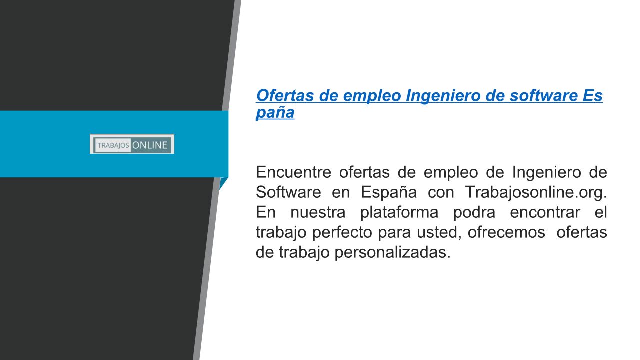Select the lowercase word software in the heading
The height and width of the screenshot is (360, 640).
pyautogui.click(x=543, y=95)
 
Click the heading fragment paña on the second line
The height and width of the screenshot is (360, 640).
pyautogui.click(x=275, y=113)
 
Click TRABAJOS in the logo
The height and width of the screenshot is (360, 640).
pyautogui.click(x=113, y=145)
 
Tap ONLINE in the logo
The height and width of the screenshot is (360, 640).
pyautogui.click(x=150, y=145)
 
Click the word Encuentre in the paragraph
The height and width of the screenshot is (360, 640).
pyautogui.click(x=293, y=172)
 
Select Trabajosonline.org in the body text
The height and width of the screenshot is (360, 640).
pyautogui.click(x=536, y=193)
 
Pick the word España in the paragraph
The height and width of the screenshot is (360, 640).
pyautogui.click(x=389, y=193)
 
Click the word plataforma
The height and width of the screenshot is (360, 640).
pyautogui.click(x=399, y=213)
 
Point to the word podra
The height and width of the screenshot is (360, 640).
pyautogui.click(x=474, y=213)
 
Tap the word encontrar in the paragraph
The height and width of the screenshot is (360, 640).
pyautogui.click(x=545, y=212)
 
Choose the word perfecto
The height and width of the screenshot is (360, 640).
pyautogui.click(x=342, y=233)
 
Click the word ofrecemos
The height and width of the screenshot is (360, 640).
pyautogui.click(x=506, y=232)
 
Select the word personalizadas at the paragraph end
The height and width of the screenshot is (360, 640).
pyautogui.click(x=392, y=253)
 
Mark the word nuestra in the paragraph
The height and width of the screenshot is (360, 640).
pyautogui.click(x=318, y=213)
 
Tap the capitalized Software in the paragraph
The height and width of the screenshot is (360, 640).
pyautogui.click(x=288, y=192)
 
